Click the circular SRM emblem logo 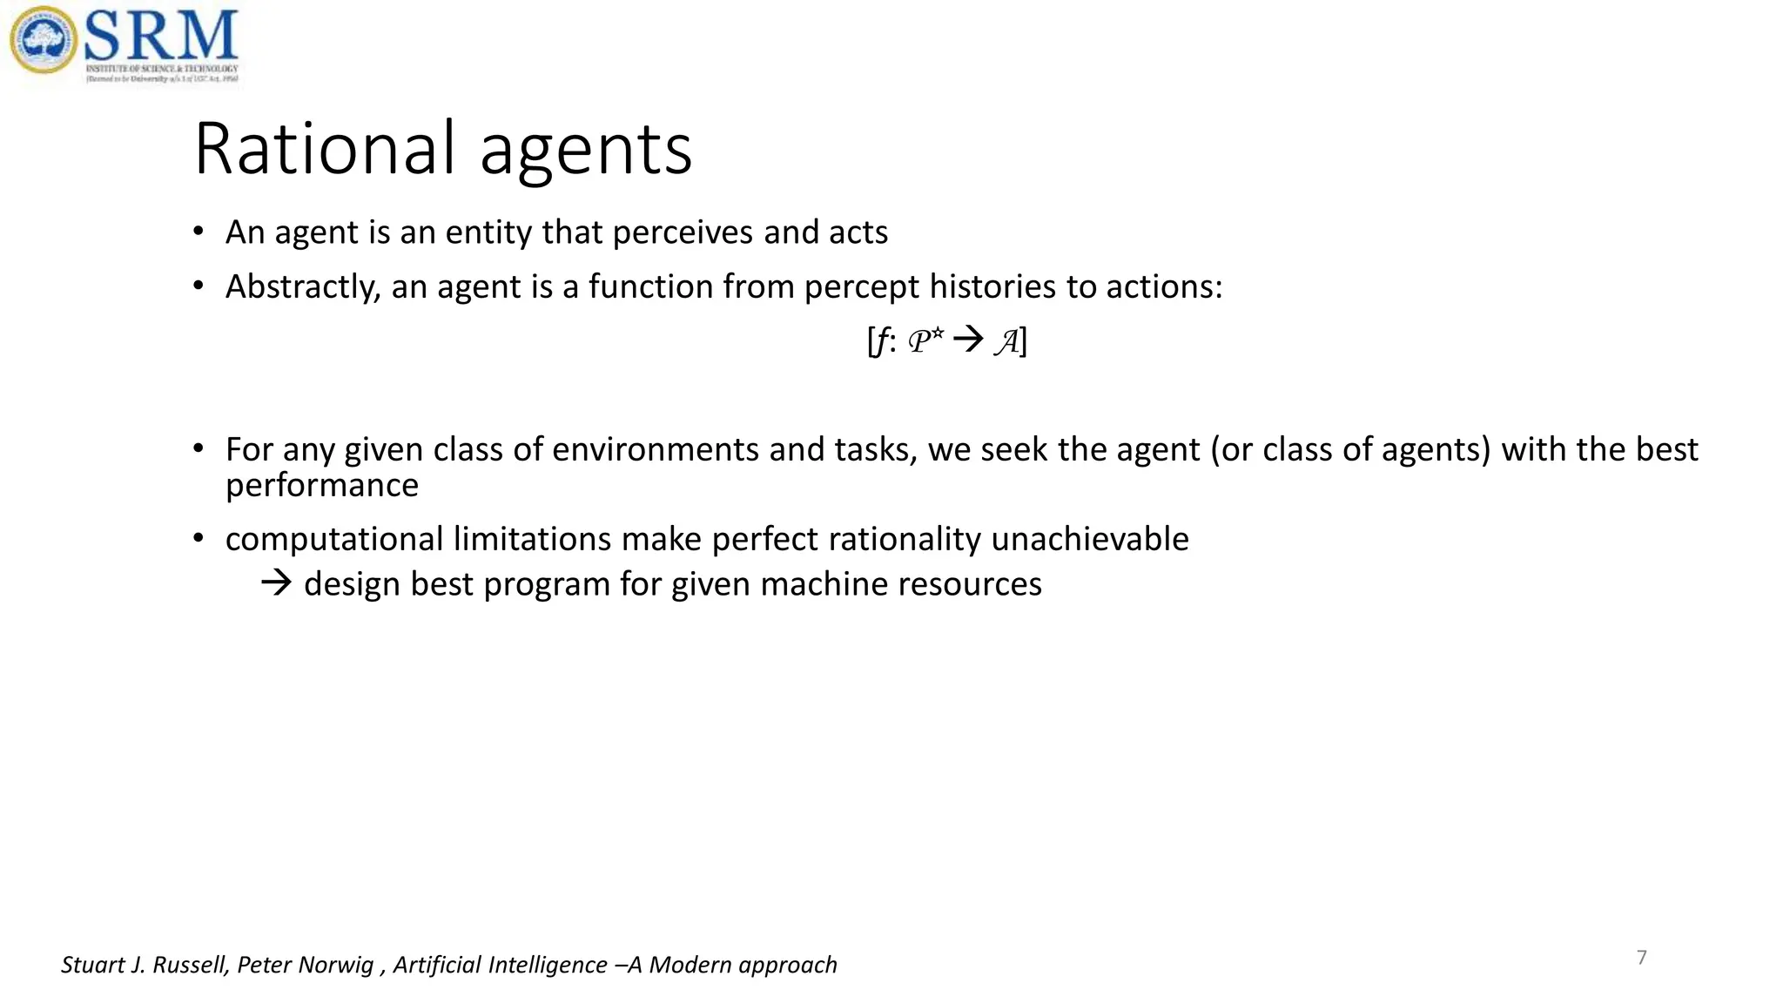43,40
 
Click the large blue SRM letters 162,35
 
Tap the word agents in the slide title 586,151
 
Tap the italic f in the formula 881,340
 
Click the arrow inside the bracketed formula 967,339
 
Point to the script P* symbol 925,340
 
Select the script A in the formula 1007,340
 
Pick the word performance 322,485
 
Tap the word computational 334,539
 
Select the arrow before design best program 276,583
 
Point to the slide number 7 1642,958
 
